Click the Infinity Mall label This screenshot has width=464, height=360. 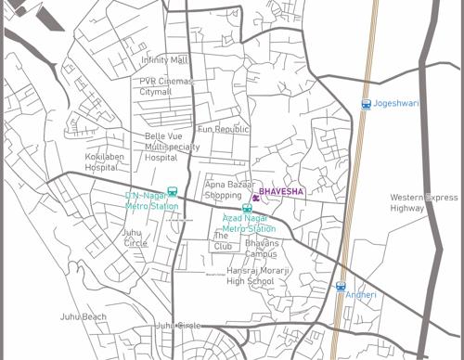[x=164, y=60]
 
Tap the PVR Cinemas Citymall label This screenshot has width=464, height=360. [x=166, y=87]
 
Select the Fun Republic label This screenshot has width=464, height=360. [x=224, y=129]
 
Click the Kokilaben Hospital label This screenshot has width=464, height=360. [x=103, y=162]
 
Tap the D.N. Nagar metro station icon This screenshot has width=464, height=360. [x=172, y=191]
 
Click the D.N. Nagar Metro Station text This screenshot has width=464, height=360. [x=152, y=201]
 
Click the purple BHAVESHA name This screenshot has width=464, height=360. [x=282, y=192]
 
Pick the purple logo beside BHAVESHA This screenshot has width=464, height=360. [x=255, y=194]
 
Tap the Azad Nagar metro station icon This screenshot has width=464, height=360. [x=247, y=210]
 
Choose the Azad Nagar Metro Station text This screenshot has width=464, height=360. [x=249, y=223]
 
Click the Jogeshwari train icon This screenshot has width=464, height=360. [x=366, y=104]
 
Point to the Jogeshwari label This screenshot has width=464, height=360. [x=395, y=104]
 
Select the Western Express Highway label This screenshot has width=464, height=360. [x=423, y=203]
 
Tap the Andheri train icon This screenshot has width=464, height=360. [x=341, y=287]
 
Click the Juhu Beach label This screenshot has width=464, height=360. [x=82, y=316]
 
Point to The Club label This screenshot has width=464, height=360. [x=222, y=241]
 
